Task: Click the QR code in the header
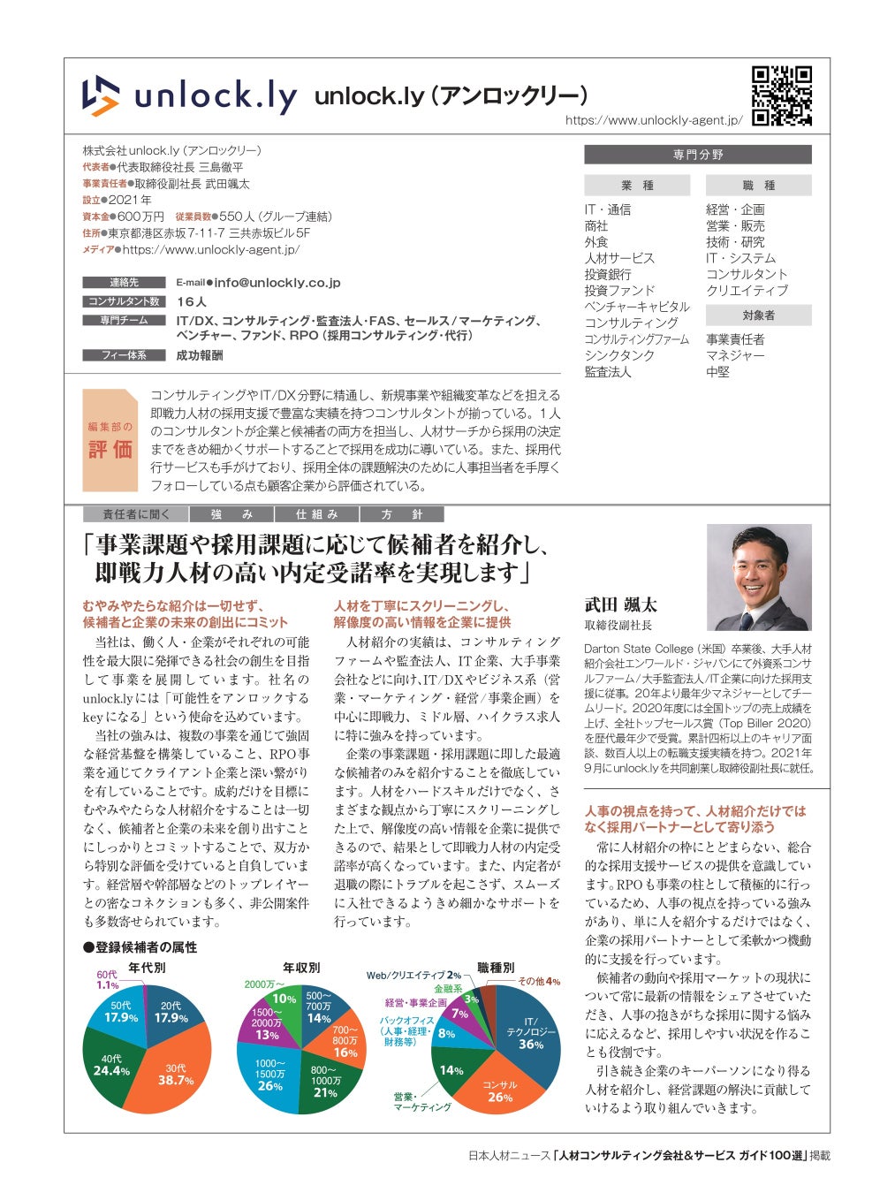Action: coord(781,95)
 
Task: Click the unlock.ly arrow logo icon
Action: coord(101,95)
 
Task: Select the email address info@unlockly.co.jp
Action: coord(277,283)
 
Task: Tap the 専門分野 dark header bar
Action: coord(697,155)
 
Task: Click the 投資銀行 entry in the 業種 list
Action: coord(608,274)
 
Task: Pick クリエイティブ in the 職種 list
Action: coord(747,290)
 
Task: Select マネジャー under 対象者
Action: coord(735,355)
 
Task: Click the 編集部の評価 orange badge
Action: coord(110,440)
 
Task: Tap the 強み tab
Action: coord(231,514)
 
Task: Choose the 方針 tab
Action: coord(401,514)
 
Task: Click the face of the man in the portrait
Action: coord(762,572)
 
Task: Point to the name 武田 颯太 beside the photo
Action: coord(620,605)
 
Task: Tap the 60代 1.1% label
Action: coord(107,979)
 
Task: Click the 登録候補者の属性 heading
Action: coord(140,947)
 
